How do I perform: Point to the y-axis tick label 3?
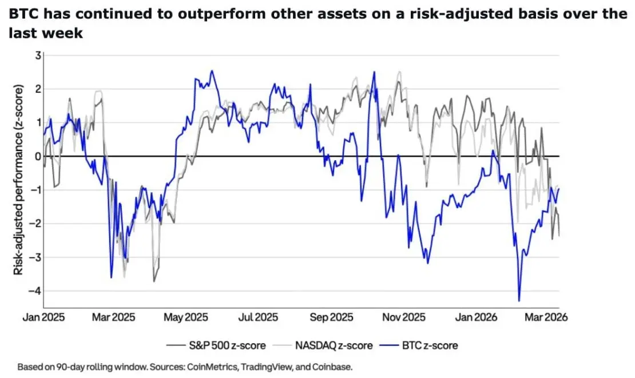point(38,55)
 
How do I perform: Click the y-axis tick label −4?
point(35,291)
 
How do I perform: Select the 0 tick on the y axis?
point(38,156)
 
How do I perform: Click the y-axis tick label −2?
point(35,224)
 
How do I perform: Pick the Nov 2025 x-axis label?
point(404,317)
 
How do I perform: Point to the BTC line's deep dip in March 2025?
point(111,277)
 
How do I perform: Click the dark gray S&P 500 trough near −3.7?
point(153,281)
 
